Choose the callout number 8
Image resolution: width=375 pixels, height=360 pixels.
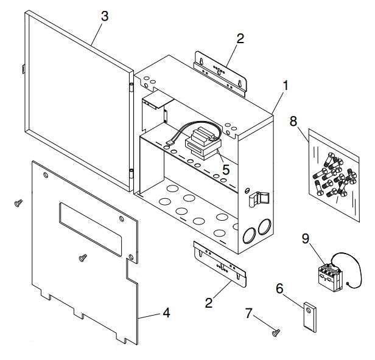[x=293, y=122]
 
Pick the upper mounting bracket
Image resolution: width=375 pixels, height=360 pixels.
[x=220, y=72]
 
